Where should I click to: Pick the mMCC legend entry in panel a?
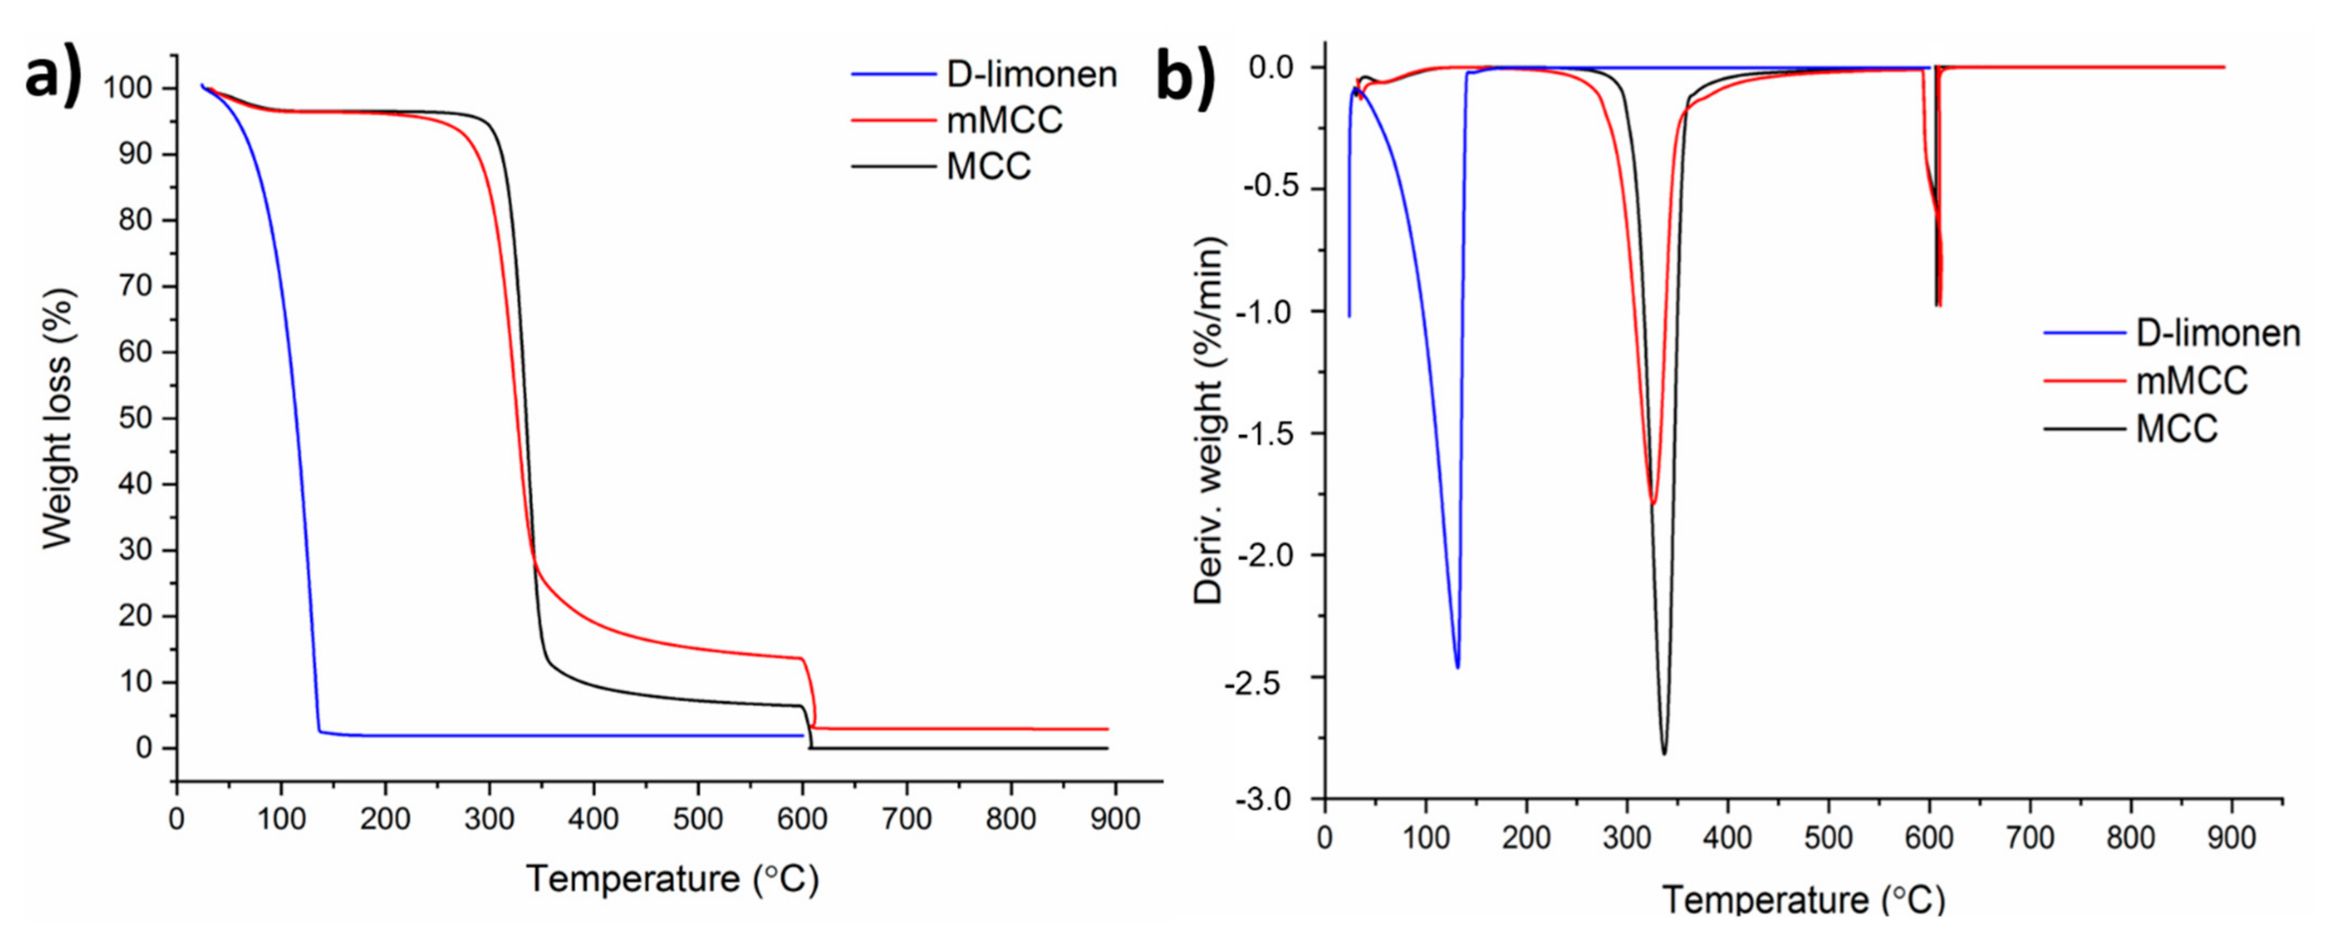click(x=1004, y=120)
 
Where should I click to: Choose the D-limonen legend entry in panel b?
click(x=2217, y=333)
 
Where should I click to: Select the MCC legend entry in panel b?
click(x=2175, y=428)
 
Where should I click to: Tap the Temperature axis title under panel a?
click(x=672, y=879)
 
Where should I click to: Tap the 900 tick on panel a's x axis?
click(x=1114, y=819)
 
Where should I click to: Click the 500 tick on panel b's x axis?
click(x=1828, y=838)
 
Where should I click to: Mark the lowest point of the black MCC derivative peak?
click(x=1664, y=753)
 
